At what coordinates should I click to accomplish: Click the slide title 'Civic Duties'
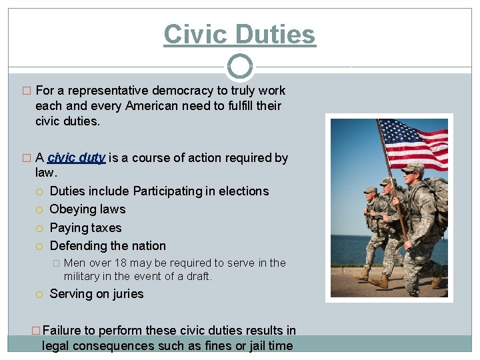pyautogui.click(x=239, y=34)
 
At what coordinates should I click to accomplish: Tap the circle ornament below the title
pyautogui.click(x=240, y=67)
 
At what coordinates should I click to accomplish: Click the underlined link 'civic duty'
pyautogui.click(x=76, y=158)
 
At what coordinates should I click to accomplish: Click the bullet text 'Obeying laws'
pyautogui.click(x=87, y=209)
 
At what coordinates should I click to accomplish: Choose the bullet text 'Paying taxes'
pyautogui.click(x=85, y=227)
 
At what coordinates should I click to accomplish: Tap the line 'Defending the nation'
pyautogui.click(x=107, y=245)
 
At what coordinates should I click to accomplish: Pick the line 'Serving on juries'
pyautogui.click(x=97, y=294)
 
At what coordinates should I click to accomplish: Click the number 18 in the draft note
pyautogui.click(x=119, y=263)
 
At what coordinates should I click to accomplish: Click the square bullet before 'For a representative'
pyautogui.click(x=26, y=91)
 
